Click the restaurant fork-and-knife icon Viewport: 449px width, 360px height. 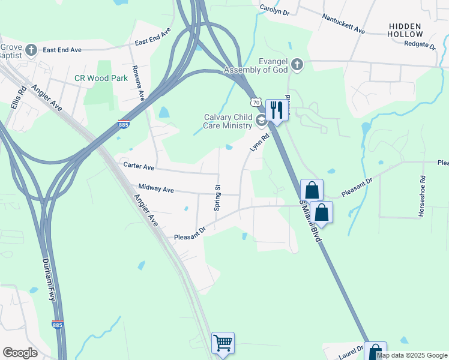(277, 110)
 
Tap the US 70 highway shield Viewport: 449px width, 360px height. (256, 103)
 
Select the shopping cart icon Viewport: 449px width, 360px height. (223, 343)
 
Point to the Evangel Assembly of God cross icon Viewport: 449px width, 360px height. (297, 64)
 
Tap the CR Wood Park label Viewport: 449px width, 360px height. (101, 78)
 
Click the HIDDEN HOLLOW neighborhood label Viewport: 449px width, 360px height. (414, 31)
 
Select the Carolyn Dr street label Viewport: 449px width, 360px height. (275, 10)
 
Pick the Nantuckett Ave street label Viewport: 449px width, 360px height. (343, 25)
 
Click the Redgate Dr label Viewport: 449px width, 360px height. (420, 44)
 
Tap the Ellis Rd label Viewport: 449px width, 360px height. (17, 98)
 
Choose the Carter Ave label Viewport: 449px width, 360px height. (139, 166)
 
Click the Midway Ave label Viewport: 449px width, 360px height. (155, 189)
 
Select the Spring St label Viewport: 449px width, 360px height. (218, 197)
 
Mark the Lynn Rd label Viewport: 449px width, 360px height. (259, 143)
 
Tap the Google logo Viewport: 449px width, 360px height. (20, 353)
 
